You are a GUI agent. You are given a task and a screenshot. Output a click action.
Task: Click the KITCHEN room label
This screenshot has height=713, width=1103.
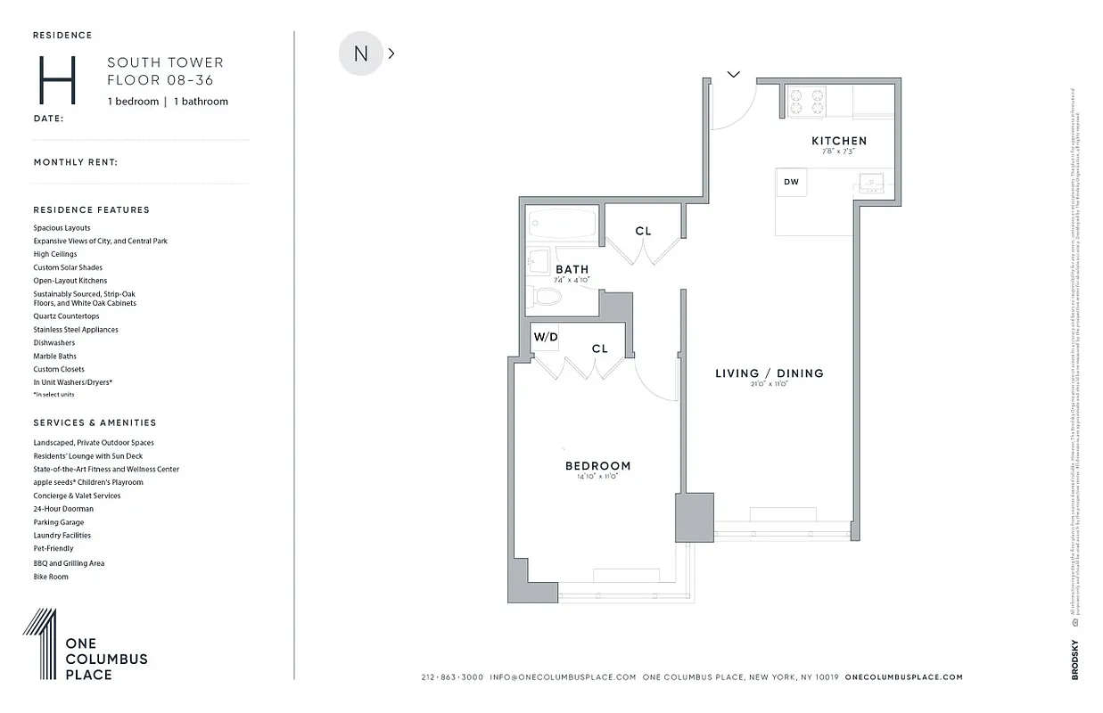pyautogui.click(x=838, y=141)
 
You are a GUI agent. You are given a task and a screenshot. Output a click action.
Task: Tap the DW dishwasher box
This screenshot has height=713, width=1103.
pyautogui.click(x=791, y=182)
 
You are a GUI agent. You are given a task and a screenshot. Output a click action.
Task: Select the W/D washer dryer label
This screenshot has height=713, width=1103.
pyautogui.click(x=545, y=337)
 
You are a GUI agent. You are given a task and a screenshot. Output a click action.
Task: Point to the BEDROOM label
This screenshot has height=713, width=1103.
pyautogui.click(x=597, y=466)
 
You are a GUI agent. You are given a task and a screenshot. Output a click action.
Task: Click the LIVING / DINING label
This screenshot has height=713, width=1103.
pyautogui.click(x=769, y=373)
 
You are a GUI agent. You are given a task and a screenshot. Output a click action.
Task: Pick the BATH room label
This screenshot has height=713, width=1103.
pyautogui.click(x=572, y=269)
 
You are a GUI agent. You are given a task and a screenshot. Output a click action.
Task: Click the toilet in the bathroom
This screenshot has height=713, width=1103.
pyautogui.click(x=542, y=294)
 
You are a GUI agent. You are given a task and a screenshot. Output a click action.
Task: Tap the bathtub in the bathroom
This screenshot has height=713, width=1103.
pyautogui.click(x=561, y=224)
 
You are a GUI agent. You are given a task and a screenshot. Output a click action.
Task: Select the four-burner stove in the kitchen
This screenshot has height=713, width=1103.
pyautogui.click(x=806, y=100)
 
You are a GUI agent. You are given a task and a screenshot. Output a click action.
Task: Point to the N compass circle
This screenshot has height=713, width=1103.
pyautogui.click(x=360, y=53)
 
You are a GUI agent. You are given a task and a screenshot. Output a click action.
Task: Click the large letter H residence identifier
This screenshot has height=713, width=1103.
pyautogui.click(x=55, y=81)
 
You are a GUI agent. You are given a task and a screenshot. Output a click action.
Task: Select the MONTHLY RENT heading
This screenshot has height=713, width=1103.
pyautogui.click(x=76, y=162)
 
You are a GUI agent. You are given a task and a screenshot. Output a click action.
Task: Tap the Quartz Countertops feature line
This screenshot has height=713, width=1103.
pyautogui.click(x=67, y=316)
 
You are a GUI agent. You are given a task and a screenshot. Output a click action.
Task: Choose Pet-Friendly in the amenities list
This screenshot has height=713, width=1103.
pyautogui.click(x=54, y=549)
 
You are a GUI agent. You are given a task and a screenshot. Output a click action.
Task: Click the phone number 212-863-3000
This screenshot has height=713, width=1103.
pyautogui.click(x=452, y=677)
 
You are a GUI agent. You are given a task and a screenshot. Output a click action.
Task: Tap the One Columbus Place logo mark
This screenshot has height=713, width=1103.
pyautogui.click(x=40, y=644)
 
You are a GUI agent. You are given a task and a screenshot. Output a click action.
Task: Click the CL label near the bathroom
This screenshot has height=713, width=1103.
pyautogui.click(x=643, y=231)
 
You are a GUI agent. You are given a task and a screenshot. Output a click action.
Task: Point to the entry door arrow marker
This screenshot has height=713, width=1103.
pyautogui.click(x=733, y=74)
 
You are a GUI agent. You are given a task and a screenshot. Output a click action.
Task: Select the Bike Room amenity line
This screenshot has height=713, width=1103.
pyautogui.click(x=51, y=577)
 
